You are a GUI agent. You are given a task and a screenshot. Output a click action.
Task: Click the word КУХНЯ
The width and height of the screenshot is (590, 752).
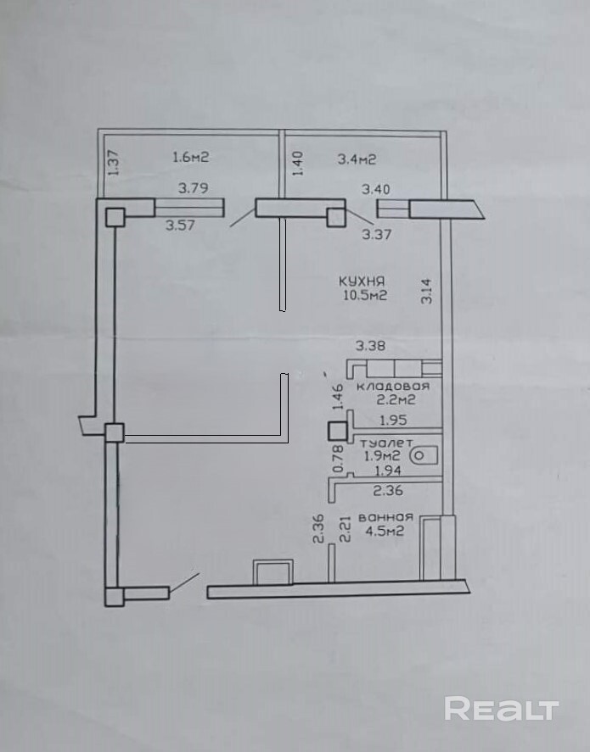click(362, 281)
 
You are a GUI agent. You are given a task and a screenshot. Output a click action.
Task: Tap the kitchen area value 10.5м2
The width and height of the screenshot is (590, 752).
click(365, 295)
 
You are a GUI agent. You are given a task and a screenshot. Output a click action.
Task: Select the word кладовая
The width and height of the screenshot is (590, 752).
click(392, 386)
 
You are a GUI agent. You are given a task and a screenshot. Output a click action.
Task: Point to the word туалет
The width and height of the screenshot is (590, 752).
click(386, 443)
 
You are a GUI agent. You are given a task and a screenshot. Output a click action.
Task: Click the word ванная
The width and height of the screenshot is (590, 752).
click(386, 517)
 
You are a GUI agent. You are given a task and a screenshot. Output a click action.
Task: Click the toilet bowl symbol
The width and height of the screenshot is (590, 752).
click(424, 455)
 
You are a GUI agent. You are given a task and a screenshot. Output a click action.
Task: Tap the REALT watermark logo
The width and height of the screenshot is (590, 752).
click(502, 709)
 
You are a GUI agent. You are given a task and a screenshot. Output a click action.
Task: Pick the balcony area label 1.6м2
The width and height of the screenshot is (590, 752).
click(191, 157)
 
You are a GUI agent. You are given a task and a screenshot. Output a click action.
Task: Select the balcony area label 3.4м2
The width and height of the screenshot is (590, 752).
click(357, 159)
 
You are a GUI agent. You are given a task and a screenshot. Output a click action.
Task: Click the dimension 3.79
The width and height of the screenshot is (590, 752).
click(194, 187)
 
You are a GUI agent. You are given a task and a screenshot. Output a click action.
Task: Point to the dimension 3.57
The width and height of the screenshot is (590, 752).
click(181, 225)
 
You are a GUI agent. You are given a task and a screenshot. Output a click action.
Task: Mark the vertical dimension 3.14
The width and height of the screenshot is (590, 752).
click(427, 291)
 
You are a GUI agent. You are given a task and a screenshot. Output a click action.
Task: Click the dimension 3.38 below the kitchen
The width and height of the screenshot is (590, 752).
click(370, 345)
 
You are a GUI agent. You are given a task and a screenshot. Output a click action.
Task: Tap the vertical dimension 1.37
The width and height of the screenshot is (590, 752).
click(113, 163)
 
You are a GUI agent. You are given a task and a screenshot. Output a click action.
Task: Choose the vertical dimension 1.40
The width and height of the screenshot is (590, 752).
click(298, 163)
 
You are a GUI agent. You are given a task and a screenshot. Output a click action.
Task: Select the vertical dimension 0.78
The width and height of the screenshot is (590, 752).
click(338, 459)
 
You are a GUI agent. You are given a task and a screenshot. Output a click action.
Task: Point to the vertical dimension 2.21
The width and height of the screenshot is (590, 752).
click(346, 529)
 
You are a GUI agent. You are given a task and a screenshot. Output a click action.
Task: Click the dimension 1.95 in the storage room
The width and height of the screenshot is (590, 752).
click(393, 421)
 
